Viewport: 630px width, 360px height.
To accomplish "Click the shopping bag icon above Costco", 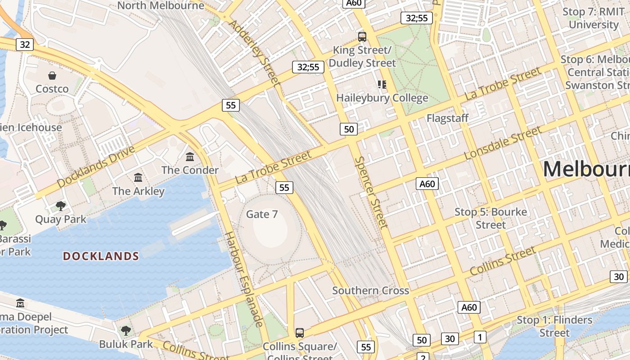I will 52,75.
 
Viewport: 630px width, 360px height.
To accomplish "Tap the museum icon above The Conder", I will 190,157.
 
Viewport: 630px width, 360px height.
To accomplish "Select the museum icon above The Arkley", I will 138,177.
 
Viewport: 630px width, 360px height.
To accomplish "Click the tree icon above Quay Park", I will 61,206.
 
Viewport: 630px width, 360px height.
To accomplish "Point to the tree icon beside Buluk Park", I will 126,331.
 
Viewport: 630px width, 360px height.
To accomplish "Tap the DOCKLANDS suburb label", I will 101,256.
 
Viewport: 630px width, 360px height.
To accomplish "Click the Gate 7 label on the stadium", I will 262,214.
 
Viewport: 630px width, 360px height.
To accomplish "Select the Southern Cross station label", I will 370,291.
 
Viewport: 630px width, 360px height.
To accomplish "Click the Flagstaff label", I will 447,118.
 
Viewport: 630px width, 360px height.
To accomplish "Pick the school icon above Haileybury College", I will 382,84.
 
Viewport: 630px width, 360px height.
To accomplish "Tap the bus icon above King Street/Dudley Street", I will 362,36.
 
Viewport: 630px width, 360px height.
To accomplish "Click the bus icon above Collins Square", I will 300,333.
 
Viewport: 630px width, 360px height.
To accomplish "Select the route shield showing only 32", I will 25,44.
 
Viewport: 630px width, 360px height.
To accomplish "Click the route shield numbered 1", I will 480,337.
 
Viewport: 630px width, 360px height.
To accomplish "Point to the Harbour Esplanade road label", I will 243,279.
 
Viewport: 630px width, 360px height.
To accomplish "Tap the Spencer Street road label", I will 370,192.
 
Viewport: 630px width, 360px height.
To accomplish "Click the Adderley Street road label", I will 255,53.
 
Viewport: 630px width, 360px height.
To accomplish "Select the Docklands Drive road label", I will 96,166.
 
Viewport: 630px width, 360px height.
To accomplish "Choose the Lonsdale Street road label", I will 503,143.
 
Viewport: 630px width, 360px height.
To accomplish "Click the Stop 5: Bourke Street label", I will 490,218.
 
